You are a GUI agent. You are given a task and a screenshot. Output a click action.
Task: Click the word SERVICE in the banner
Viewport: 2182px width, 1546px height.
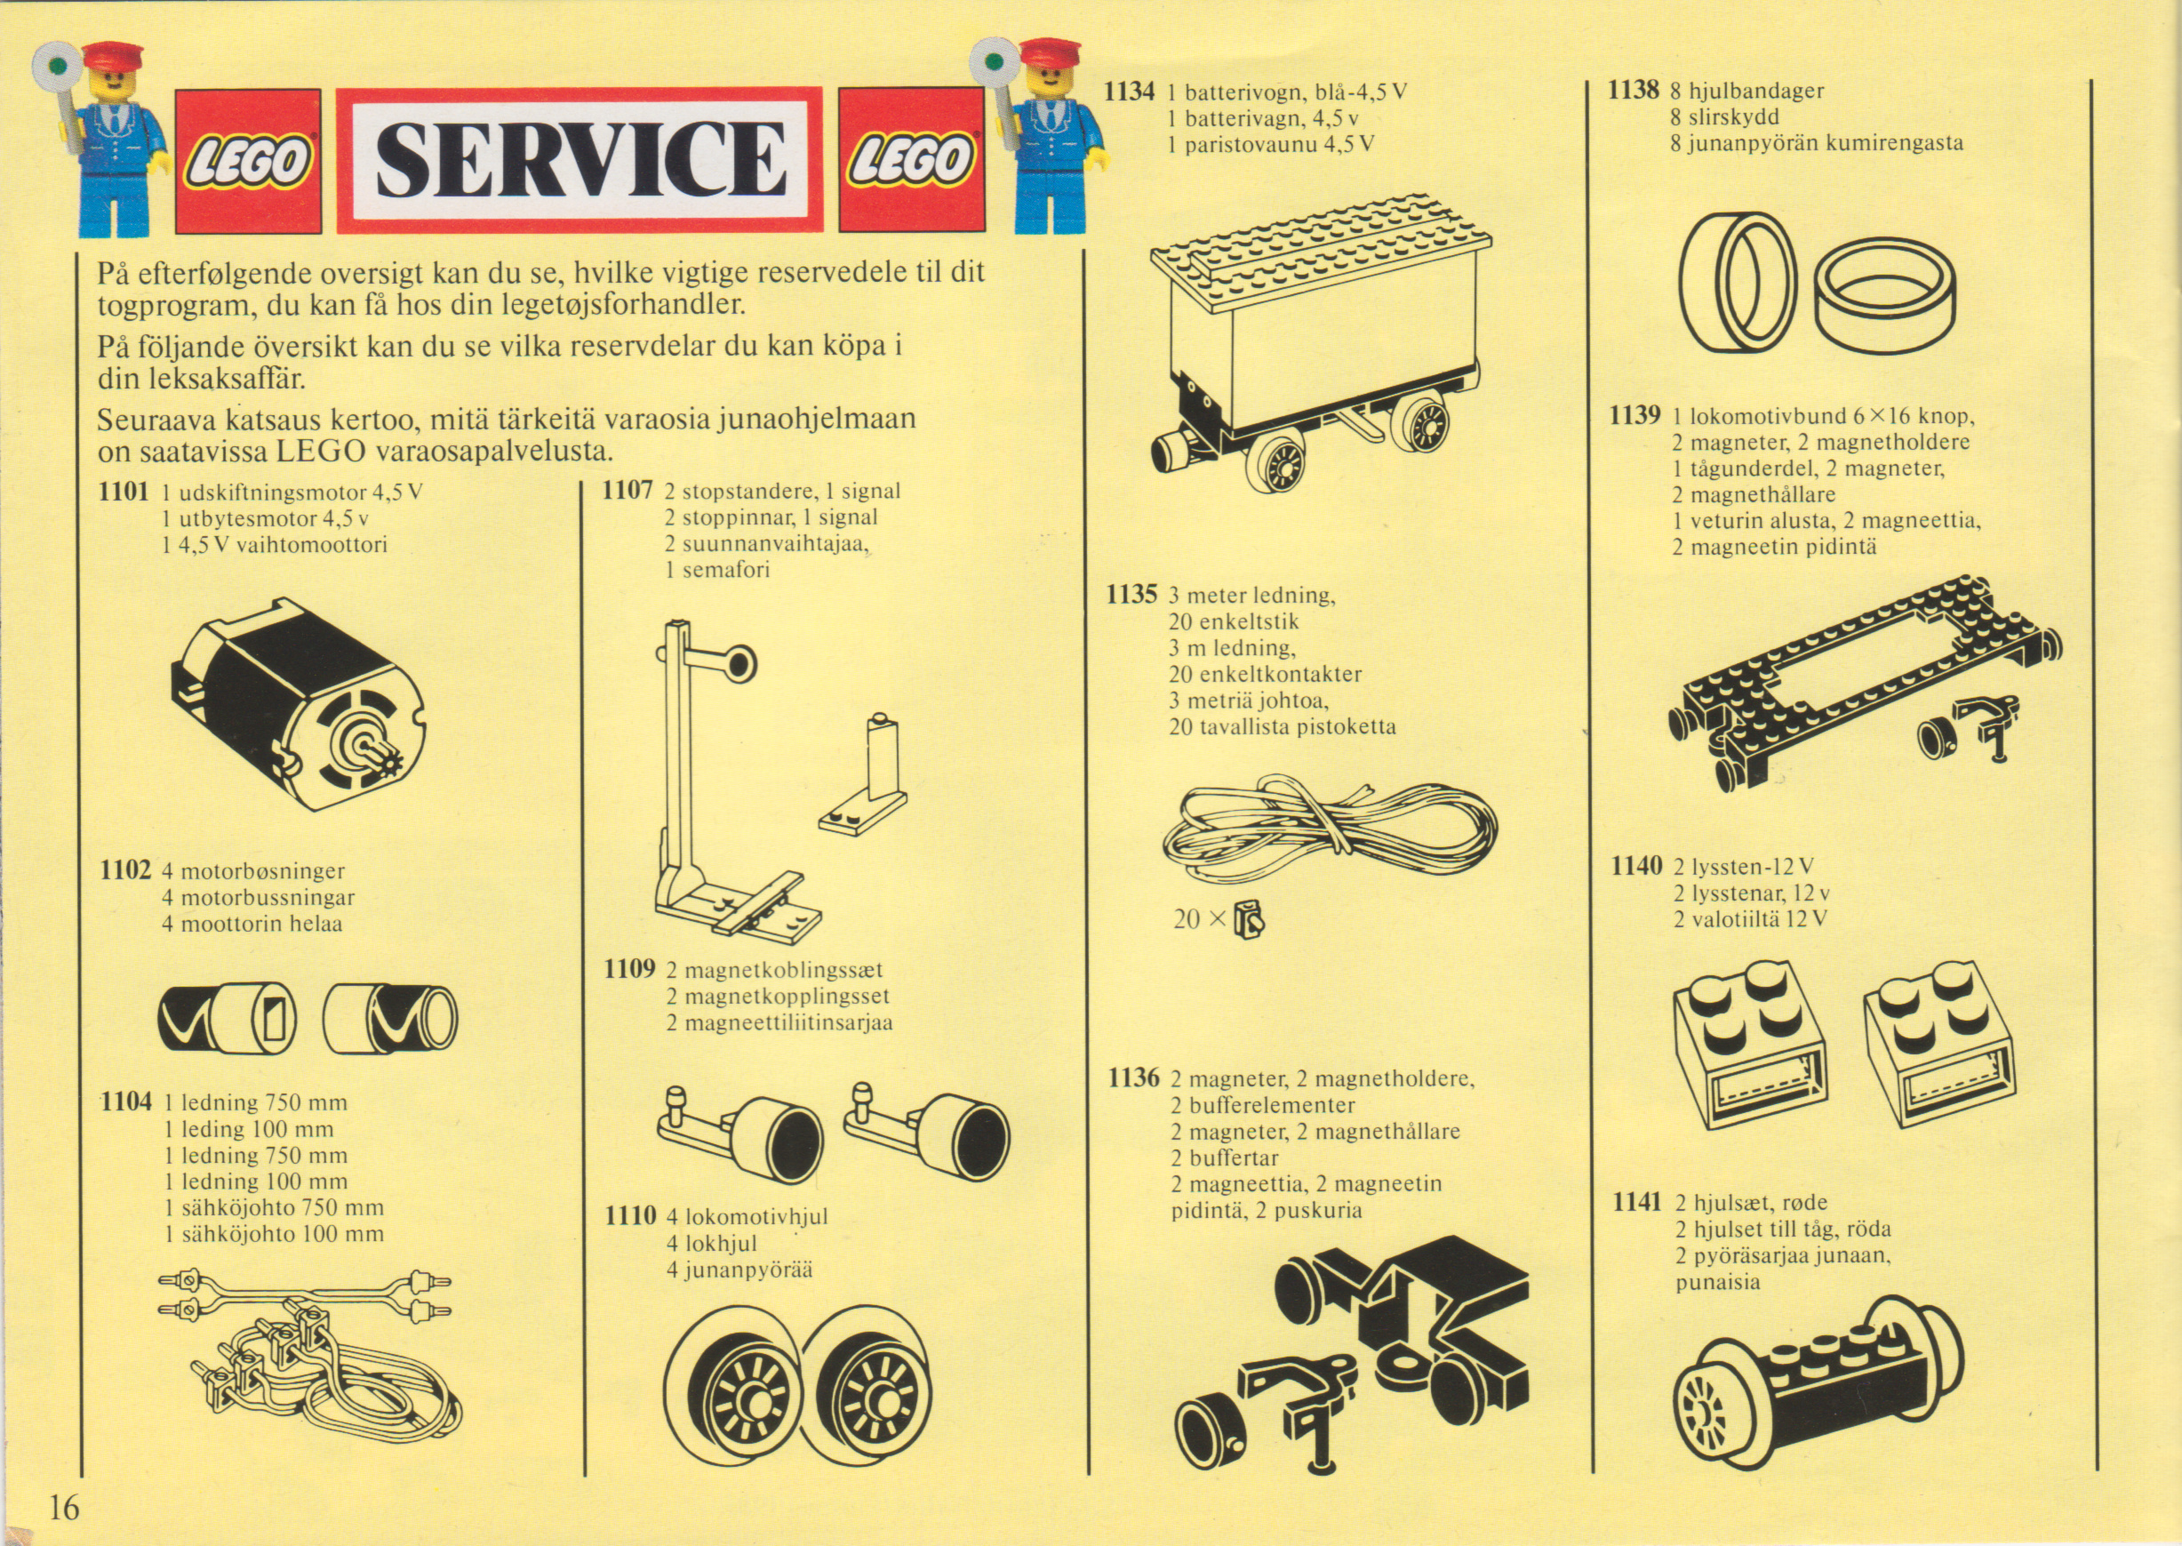(x=580, y=159)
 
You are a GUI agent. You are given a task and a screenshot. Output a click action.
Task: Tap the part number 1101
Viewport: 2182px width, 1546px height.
(x=124, y=493)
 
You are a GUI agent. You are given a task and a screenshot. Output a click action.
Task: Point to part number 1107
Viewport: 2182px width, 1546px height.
(x=628, y=492)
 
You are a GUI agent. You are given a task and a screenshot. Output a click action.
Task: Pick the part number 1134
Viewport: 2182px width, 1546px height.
(x=1130, y=92)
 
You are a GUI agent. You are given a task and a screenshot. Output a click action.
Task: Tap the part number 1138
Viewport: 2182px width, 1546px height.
(x=1633, y=91)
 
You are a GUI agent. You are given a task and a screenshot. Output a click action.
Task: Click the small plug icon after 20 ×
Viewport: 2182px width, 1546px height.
(x=1249, y=920)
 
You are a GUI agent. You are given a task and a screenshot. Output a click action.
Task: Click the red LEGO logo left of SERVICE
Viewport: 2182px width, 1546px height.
(x=248, y=161)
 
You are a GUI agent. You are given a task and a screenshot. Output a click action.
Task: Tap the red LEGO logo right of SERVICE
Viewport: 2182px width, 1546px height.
(x=911, y=160)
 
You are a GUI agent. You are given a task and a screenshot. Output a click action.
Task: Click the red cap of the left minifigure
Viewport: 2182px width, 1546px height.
(x=111, y=53)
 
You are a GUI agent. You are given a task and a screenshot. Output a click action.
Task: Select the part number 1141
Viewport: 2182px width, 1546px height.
(x=1638, y=1202)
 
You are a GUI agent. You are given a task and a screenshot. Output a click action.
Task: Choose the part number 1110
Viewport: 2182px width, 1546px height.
(x=631, y=1215)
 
